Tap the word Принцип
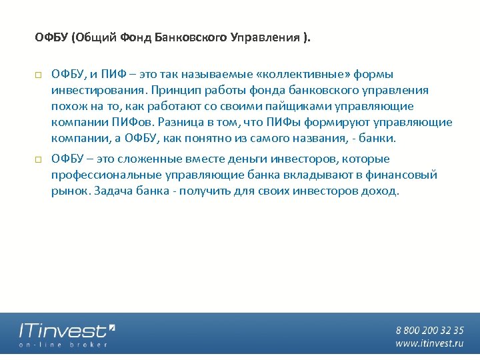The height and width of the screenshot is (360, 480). point(173,90)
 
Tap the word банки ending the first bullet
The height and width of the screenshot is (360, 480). point(379,138)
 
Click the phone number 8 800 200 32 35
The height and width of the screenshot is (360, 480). point(429,330)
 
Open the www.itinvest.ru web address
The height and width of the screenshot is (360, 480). point(429,343)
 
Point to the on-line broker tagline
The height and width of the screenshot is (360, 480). point(63,345)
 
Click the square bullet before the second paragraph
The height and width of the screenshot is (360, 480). point(39,159)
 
